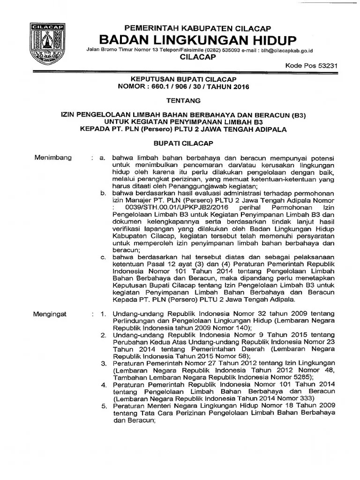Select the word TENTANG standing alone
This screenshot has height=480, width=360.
(x=184, y=100)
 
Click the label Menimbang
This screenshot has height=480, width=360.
(x=53, y=157)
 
